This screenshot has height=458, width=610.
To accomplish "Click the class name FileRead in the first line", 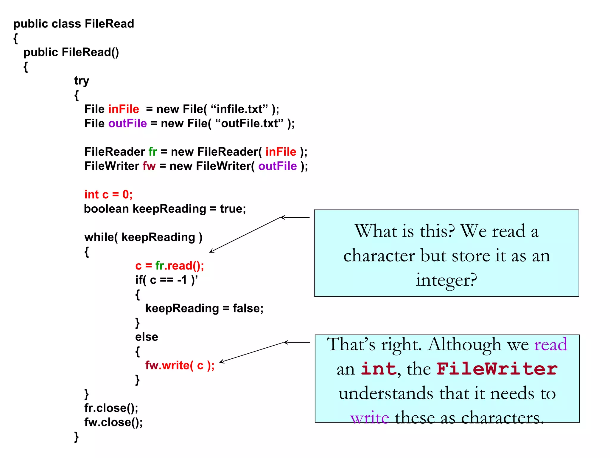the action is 109,24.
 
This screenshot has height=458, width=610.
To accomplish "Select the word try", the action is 82,81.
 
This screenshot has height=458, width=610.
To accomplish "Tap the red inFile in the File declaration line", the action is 124,109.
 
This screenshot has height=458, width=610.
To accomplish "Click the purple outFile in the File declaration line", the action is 127,123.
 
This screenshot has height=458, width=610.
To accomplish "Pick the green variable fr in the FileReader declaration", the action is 152,152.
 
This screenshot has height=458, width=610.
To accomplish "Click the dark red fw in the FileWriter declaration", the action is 149,166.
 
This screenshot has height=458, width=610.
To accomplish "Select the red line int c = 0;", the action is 108,194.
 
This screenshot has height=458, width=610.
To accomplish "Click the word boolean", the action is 106,209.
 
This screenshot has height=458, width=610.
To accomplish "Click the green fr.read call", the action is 179,266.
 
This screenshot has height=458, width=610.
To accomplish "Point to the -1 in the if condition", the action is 182,280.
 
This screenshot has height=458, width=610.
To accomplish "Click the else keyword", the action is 147,337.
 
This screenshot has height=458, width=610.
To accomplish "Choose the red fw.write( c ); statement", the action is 180,365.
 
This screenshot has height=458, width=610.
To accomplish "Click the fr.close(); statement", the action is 111,408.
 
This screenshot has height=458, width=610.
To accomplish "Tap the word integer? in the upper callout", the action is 446,280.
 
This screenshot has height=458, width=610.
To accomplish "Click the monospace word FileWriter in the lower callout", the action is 497,369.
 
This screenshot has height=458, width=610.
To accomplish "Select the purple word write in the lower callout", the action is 370,417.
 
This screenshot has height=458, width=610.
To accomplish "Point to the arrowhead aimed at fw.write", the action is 221,362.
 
